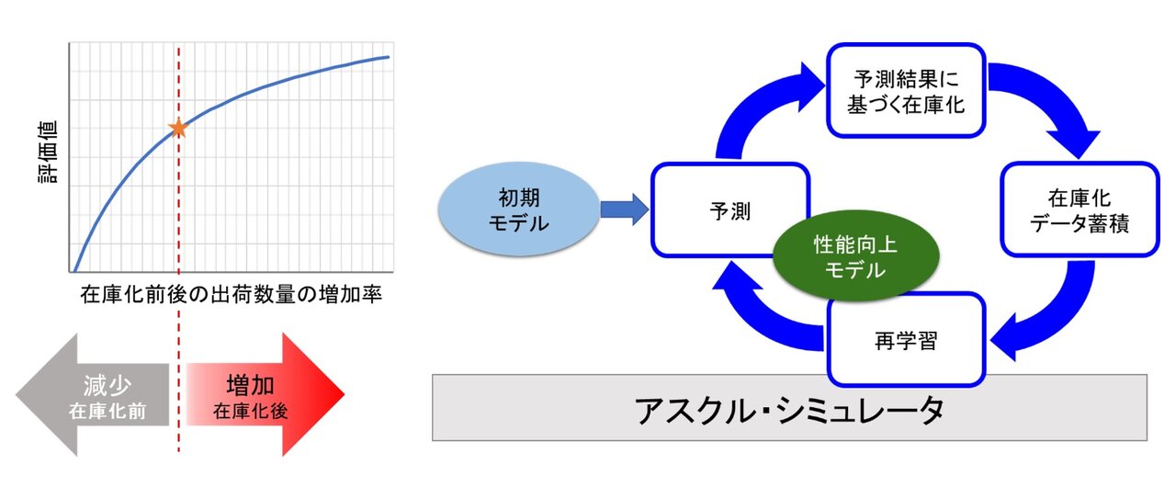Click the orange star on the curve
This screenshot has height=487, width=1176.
pos(178,129)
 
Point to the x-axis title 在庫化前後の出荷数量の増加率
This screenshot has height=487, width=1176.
pos(231,296)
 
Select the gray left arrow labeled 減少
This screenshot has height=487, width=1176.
pos(92,394)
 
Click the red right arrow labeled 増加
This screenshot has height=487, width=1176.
pos(266,394)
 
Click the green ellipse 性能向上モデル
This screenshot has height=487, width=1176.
pos(854,257)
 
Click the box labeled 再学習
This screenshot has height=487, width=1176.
pos(905,340)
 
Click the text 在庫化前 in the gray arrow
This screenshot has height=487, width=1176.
pos(107,410)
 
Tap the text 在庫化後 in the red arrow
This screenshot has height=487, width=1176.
pos(250,410)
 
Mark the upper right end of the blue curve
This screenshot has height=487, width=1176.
pos(389,57)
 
